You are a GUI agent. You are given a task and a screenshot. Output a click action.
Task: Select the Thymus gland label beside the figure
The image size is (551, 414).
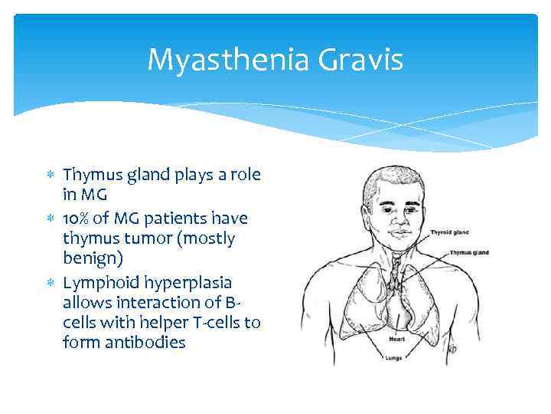(x=469, y=252)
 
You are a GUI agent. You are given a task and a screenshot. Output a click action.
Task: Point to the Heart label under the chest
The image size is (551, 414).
(x=396, y=338)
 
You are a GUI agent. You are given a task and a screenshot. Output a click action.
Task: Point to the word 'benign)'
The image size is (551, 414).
(x=92, y=260)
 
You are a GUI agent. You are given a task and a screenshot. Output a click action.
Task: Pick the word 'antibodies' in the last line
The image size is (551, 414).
(x=145, y=343)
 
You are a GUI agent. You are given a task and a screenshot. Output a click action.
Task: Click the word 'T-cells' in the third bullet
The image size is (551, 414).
(x=217, y=322)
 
